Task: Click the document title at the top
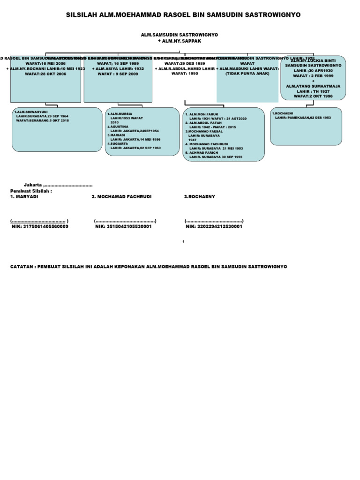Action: click(x=183, y=15)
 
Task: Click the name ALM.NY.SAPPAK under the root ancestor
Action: click(x=180, y=41)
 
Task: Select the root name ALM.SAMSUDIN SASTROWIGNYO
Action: click(x=180, y=35)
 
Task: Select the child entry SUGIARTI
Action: click(x=120, y=143)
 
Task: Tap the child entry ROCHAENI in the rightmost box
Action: click(x=283, y=113)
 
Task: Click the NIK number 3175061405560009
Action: click(x=40, y=226)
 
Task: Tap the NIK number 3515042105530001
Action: click(x=123, y=226)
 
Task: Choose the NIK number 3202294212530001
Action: click(x=214, y=226)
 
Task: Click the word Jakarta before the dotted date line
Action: click(x=33, y=185)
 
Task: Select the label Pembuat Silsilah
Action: click(x=31, y=191)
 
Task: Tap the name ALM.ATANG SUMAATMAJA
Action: click(x=313, y=86)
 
